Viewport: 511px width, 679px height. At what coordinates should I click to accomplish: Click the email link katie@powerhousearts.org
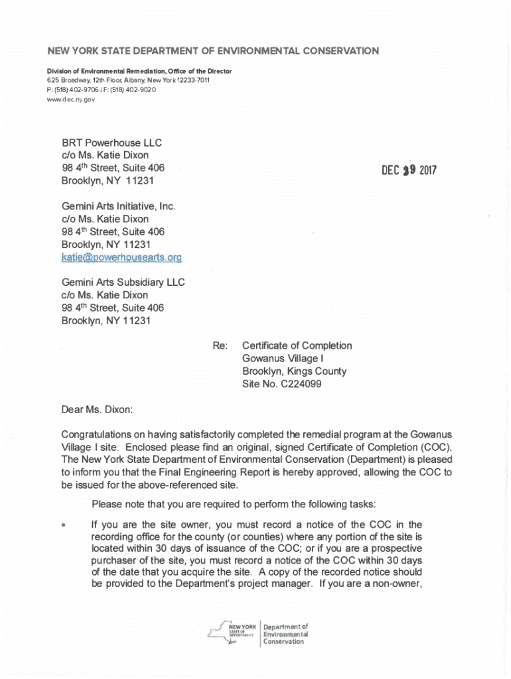[x=121, y=257]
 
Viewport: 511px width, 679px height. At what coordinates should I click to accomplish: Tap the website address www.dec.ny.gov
[x=71, y=99]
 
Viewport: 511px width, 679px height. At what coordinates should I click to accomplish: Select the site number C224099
[x=299, y=384]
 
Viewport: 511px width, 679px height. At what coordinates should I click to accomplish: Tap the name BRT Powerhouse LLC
[x=111, y=143]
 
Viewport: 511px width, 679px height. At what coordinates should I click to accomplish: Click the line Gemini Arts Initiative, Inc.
[x=118, y=206]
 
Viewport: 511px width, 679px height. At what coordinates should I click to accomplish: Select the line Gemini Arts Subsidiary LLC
[x=123, y=282]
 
